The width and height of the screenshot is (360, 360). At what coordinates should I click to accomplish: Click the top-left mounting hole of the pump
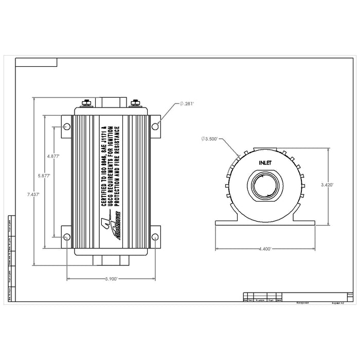coord(67,127)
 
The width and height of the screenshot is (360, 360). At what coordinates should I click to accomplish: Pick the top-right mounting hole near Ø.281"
coord(155,125)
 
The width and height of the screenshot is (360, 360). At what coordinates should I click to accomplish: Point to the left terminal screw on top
coord(86,103)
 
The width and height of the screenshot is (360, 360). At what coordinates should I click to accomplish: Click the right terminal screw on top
coord(136,103)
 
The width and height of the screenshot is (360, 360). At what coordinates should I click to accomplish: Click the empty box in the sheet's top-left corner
coord(36,63)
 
